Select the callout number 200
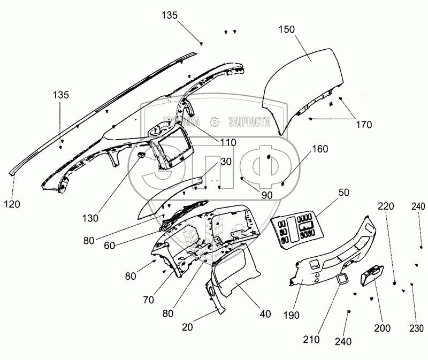pyautogui.click(x=383, y=328)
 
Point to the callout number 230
pyautogui.click(x=417, y=328)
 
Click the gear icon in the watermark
pyautogui.click(x=213, y=121)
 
